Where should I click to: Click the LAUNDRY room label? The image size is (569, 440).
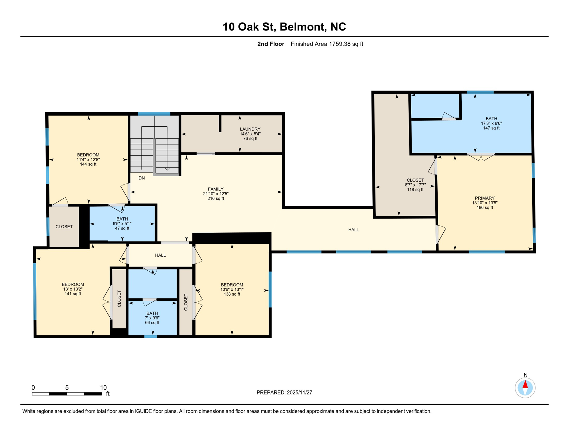pos(250,129)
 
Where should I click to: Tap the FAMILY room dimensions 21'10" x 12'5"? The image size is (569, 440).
pos(216,194)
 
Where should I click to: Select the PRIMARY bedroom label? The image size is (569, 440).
pos(485,198)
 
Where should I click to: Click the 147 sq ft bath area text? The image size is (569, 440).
pos(491,128)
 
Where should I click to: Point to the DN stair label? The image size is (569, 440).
pos(141,178)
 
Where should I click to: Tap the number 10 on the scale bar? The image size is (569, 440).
pos(103,388)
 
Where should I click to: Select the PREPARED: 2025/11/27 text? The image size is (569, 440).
pos(284,393)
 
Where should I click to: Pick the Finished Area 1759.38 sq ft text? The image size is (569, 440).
pos(327,44)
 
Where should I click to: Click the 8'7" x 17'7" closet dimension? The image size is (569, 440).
pos(415,185)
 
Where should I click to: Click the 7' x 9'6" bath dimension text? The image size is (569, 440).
pos(152,318)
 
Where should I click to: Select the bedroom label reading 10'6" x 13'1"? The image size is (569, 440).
pos(232,290)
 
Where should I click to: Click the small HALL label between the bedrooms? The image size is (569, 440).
pos(160,256)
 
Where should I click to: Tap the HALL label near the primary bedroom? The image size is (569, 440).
pos(353,230)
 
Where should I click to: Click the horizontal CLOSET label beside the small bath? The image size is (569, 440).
pos(64,227)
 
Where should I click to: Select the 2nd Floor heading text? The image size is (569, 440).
pos(270,44)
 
